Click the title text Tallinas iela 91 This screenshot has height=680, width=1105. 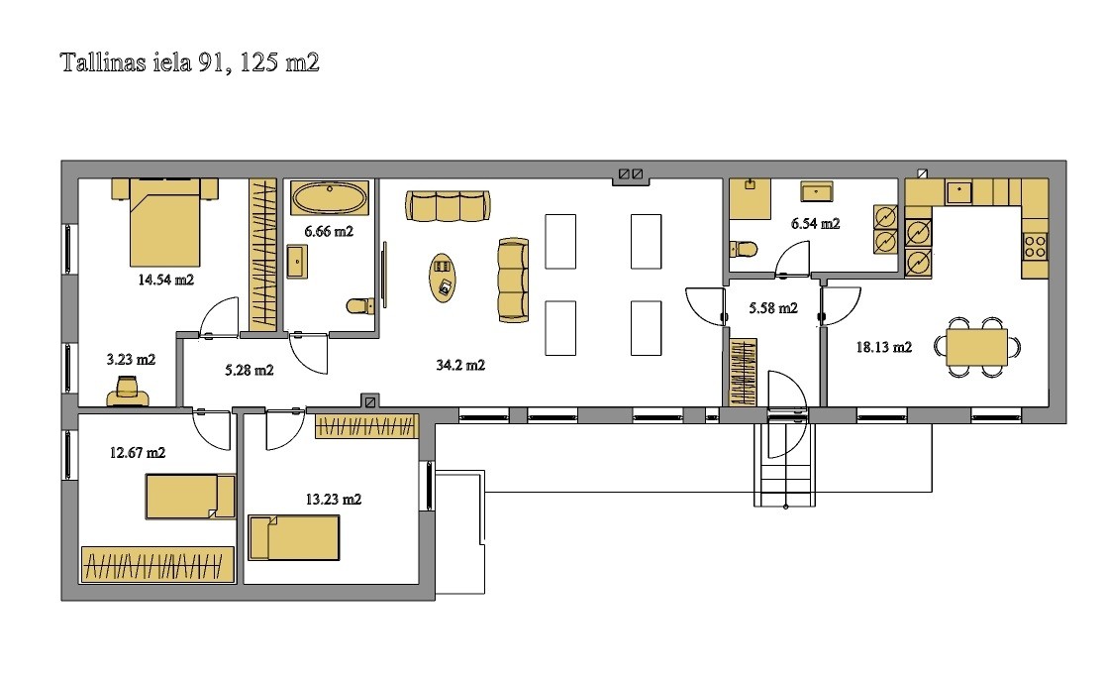point(144,62)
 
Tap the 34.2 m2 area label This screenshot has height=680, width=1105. point(460,365)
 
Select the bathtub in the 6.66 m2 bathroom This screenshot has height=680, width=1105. point(330,198)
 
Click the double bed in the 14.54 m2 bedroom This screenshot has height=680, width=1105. point(165,222)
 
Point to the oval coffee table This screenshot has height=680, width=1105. point(443,278)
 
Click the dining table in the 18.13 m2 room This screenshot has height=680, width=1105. point(976,347)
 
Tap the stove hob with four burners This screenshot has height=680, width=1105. point(1036,247)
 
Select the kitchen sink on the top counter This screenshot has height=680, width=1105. point(959,192)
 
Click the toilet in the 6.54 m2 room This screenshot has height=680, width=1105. point(744,249)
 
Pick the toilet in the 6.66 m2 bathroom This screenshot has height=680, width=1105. point(360,306)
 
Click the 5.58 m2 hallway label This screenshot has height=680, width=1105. point(773,308)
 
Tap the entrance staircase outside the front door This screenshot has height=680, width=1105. point(785,464)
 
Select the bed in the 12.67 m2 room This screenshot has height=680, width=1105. point(190,497)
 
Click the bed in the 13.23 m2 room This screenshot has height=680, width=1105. point(294,537)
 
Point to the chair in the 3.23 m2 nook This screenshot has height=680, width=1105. point(128,393)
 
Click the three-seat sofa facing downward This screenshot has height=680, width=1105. point(448,205)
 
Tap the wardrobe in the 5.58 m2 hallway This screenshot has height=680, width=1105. point(743,373)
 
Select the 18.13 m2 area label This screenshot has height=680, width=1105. point(884,347)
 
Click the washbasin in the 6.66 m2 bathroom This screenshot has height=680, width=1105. point(297,262)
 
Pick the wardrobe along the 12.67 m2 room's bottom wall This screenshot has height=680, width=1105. point(157,564)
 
